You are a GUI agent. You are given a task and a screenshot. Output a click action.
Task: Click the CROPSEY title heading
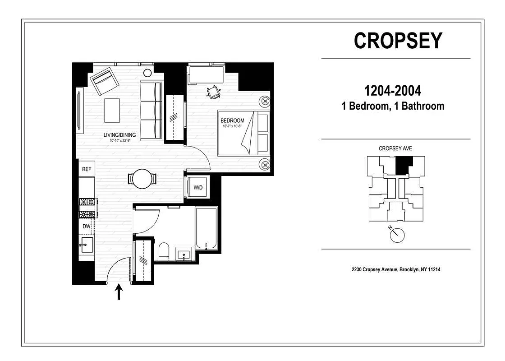398,41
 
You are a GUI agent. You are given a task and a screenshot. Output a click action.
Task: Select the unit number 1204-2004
393,91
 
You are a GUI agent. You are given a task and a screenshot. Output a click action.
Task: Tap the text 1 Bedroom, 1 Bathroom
393,106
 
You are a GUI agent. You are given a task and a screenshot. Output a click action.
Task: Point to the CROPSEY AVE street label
395,148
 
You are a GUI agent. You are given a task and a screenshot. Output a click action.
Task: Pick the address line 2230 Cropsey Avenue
396,269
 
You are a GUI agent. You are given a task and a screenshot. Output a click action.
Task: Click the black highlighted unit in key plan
404,165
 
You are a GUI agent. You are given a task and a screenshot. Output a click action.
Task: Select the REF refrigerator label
87,169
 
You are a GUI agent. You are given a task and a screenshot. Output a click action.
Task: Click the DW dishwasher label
87,227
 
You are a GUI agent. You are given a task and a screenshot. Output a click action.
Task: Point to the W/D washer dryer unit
198,187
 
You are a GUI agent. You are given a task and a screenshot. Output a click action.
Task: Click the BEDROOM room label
232,120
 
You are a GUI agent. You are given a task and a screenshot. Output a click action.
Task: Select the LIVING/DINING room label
119,134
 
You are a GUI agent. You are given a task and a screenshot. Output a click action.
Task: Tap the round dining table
143,179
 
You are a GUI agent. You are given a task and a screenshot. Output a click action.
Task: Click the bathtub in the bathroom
207,227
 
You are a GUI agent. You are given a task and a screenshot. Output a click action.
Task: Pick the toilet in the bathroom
164,251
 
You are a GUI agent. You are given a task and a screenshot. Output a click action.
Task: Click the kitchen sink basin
87,245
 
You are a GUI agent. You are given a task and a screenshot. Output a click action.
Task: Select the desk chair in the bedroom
213,92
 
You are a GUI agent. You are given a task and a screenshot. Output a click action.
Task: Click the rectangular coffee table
112,110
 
